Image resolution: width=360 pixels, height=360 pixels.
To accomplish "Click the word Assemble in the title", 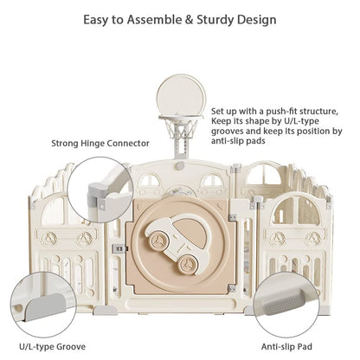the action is pos(154,20).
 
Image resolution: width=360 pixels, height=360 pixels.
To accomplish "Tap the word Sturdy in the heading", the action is pos(215,20).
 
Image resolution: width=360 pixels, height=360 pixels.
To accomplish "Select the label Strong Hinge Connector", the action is pos(100,144).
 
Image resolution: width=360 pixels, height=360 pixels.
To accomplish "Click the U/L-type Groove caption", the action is pos(53,346).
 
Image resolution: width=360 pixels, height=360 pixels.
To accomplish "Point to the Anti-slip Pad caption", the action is pos(286,346).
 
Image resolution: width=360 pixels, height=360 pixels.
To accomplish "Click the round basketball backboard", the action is pos(182,94).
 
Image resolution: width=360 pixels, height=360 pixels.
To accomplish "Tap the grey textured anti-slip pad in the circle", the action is pos(284,302).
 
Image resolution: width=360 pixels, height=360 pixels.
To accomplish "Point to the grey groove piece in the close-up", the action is pos(46,306).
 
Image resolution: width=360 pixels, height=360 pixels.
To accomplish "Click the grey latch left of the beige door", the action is pos(119,248).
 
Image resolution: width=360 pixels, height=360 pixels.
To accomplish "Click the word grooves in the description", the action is pos(228,132).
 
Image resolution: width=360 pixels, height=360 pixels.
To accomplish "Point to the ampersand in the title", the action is pos(189,20).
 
